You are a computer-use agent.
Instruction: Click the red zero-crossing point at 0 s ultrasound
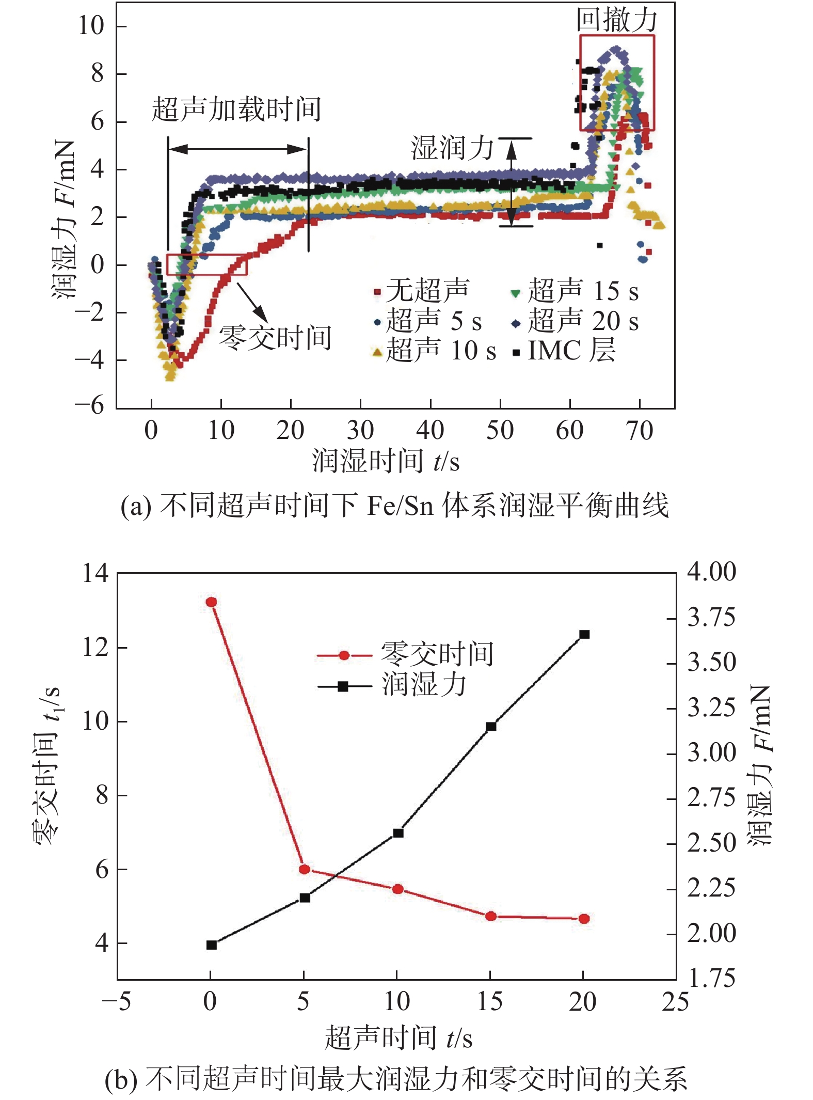pos(211,602)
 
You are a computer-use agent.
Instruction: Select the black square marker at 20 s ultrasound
pos(584,634)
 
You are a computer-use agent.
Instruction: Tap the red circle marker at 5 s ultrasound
pos(305,869)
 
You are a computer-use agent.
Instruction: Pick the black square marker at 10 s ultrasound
pos(398,833)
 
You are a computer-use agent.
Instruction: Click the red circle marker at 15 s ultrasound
pos(491,916)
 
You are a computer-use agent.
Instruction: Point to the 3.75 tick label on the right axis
pos(711,618)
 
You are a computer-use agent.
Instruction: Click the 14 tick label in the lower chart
pos(95,573)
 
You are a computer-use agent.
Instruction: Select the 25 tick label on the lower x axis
pos(675,1002)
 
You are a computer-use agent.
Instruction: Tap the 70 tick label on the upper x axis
pos(640,430)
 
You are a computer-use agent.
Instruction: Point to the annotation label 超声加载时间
pos(236,109)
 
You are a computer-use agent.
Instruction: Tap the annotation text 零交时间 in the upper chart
pos(275,338)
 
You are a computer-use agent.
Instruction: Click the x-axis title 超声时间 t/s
pos(398,1038)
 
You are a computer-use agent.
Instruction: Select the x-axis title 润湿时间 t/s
pos(385,461)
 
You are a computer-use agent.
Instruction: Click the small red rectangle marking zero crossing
pos(206,264)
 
